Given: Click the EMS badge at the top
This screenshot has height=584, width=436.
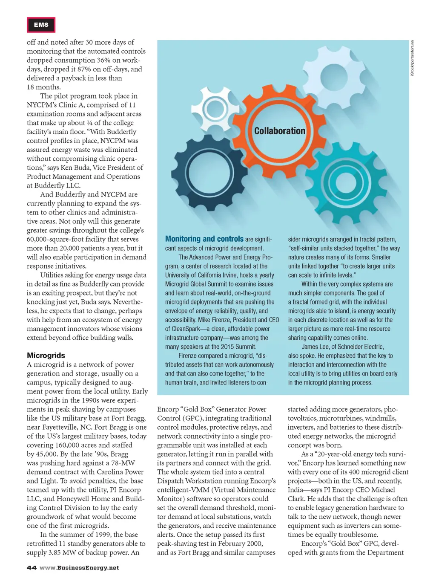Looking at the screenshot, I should tap(41, 25).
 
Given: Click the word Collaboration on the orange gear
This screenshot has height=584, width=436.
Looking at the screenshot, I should tap(280, 131).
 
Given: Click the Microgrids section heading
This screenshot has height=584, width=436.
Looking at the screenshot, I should tap(46, 355).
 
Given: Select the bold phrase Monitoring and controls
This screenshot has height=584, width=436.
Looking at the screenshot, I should tap(204, 239).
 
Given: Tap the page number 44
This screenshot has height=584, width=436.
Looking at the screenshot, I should tap(32, 568).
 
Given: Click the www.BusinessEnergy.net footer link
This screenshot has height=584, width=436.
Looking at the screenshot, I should tap(79, 568).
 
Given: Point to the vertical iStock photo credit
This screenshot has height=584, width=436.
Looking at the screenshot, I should tap(412, 58).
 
